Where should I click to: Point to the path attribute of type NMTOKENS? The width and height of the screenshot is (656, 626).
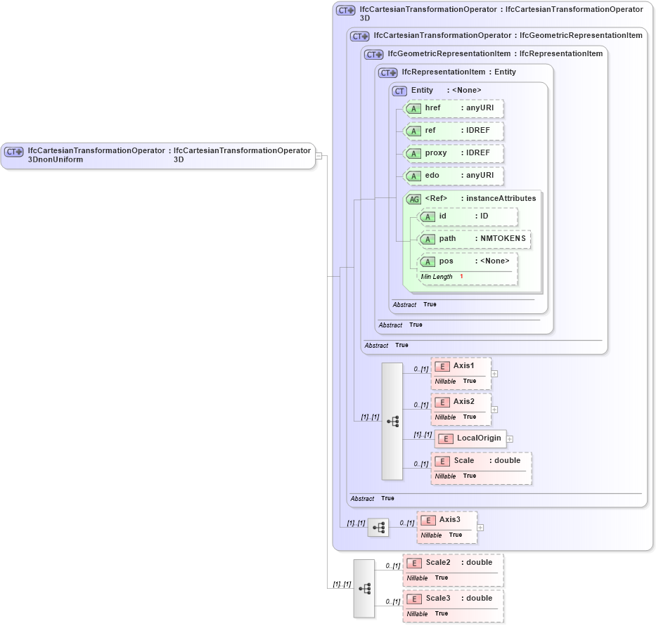[x=475, y=239]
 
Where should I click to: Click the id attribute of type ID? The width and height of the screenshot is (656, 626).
[x=468, y=216]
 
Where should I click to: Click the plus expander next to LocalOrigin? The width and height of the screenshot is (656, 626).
[x=510, y=438]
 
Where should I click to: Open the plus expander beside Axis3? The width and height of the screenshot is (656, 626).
[x=480, y=527]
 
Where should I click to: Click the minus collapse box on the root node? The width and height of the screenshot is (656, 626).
[x=319, y=155]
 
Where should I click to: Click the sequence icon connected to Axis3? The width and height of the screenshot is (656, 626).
[x=378, y=527]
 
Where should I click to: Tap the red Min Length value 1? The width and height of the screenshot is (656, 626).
[x=461, y=277]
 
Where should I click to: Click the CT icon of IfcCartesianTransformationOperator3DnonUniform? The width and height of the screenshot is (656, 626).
[x=14, y=152]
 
